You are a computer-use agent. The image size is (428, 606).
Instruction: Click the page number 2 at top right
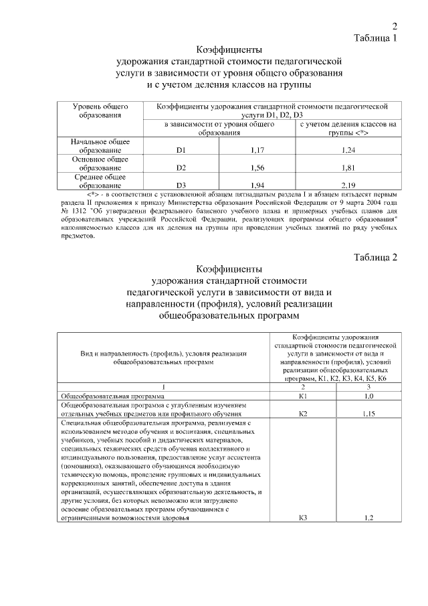(395, 27)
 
